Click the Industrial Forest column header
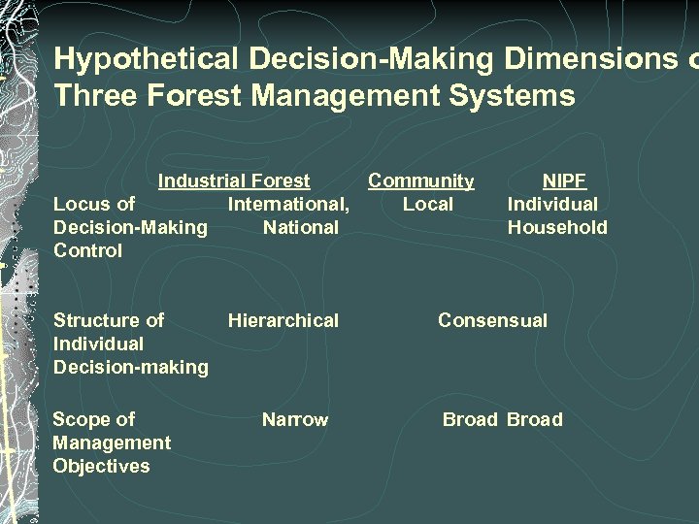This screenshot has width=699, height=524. tap(234, 180)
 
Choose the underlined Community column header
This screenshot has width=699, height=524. tap(420, 180)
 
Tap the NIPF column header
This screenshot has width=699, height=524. tap(564, 180)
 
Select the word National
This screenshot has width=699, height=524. tap(300, 227)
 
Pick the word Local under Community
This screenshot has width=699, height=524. tap(427, 204)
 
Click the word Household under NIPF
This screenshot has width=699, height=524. tap(557, 227)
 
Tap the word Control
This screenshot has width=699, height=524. tap(87, 250)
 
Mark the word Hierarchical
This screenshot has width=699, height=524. tap(283, 320)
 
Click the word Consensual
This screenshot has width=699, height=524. tap(492, 320)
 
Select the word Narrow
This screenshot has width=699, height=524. tap(295, 419)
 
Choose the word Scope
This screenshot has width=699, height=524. tap(82, 419)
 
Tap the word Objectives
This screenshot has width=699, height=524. tap(101, 466)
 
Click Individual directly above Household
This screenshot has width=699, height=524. tap(552, 204)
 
